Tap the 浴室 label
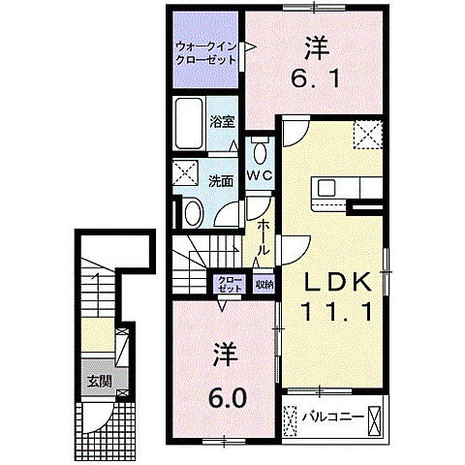tap(222, 122)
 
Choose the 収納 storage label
tap(263, 285)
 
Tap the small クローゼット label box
tap(229, 285)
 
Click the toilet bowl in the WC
tap(260, 152)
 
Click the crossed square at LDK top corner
tap(365, 134)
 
